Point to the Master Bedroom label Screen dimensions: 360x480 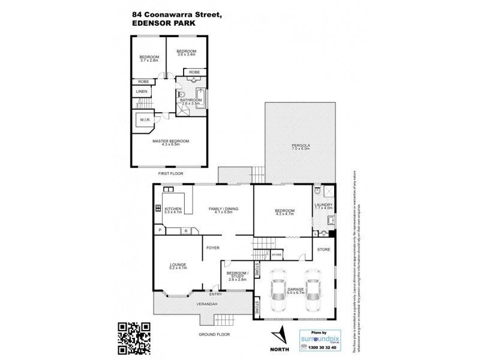tap(170, 142)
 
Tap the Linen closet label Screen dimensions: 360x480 tap(141, 91)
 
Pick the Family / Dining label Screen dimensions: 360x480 tap(223, 209)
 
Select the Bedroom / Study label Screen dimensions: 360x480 tap(238, 276)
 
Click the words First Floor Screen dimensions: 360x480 tap(170, 173)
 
